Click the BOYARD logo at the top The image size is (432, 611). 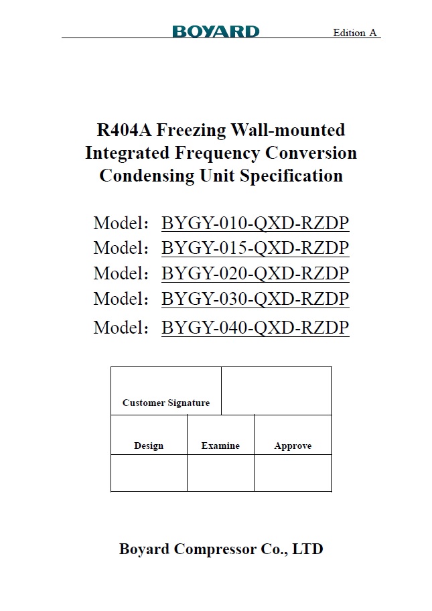(x=216, y=31)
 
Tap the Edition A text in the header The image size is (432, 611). (x=355, y=33)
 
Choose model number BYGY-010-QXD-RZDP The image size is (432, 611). (x=255, y=223)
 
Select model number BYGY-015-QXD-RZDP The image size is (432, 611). (x=255, y=248)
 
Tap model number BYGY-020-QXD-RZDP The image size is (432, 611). (x=255, y=273)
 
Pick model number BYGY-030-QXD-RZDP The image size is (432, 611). (x=255, y=298)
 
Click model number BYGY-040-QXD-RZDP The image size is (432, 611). (x=255, y=328)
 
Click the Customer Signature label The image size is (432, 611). (x=166, y=403)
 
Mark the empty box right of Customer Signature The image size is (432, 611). (x=276, y=391)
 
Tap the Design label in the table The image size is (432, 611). (x=149, y=446)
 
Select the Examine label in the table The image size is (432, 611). (x=220, y=446)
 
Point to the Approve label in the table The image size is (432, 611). (x=293, y=446)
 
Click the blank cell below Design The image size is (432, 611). (x=149, y=473)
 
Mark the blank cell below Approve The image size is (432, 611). (x=293, y=473)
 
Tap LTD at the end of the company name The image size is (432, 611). (x=308, y=549)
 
